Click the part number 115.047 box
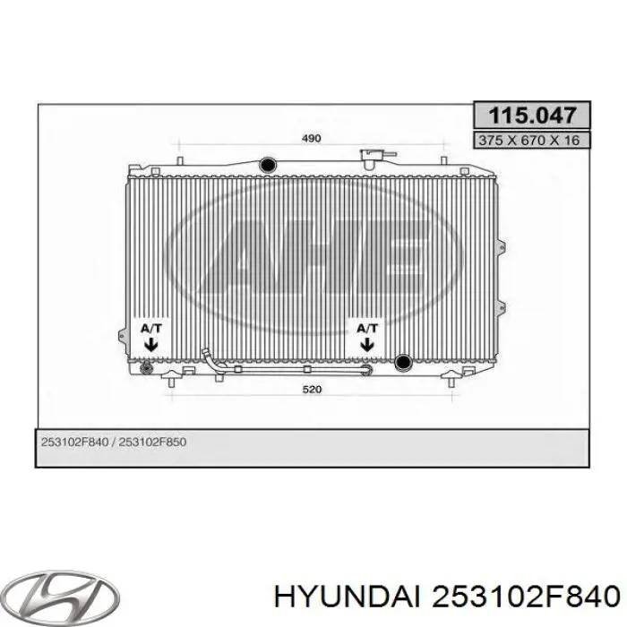click(x=531, y=116)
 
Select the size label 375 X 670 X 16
click(x=531, y=141)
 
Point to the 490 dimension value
click(x=311, y=138)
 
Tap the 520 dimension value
click(x=312, y=389)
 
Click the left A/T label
click(x=150, y=329)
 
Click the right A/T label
click(x=367, y=329)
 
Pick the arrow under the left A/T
click(x=150, y=344)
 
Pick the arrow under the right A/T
click(x=367, y=344)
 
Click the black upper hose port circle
click(x=268, y=164)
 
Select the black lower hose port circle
click(x=403, y=362)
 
